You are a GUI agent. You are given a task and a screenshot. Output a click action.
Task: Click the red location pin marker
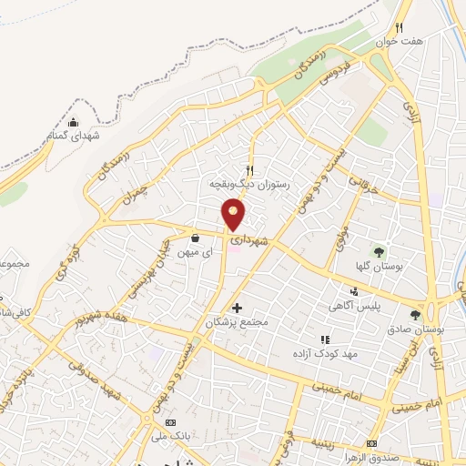pos(234,216)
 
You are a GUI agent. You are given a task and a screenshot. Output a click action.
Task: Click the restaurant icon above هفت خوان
pos(398,27)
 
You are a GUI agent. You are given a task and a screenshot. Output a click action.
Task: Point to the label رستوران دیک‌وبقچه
pos(248,183)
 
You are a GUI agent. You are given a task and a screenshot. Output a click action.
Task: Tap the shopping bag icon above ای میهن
pos(194,238)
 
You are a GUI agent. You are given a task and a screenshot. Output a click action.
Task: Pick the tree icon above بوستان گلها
pos(380,252)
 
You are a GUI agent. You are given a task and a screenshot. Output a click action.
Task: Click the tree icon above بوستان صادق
pos(416,315)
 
